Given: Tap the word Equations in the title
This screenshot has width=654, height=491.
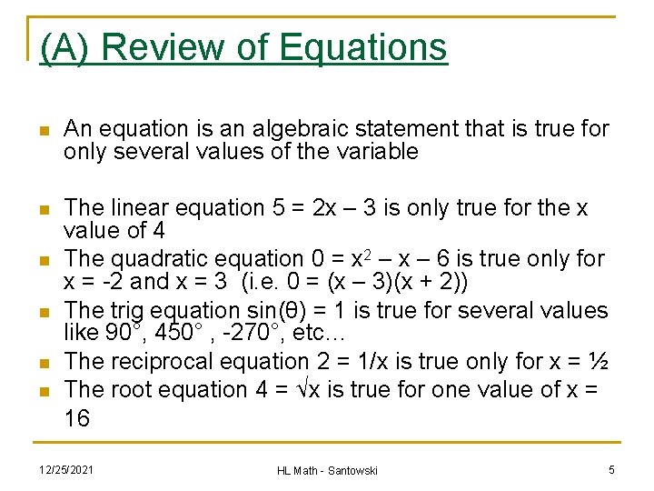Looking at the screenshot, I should pos(363,47).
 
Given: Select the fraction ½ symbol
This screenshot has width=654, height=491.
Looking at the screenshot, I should pos(597,361).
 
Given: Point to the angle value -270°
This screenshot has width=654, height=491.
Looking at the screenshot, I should pos(236,333).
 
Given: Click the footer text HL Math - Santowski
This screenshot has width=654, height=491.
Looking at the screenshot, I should pos(327,470).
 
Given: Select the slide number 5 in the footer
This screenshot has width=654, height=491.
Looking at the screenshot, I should pos(612,469).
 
